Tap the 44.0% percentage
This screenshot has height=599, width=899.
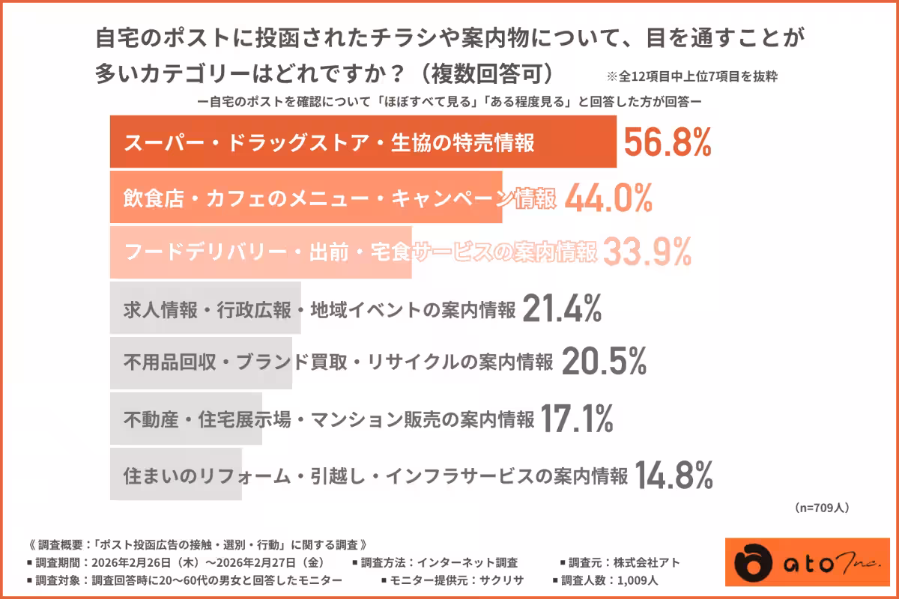click(608, 198)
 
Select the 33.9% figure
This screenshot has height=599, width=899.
click(646, 253)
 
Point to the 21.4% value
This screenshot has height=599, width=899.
click(562, 308)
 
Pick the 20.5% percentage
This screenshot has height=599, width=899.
click(603, 363)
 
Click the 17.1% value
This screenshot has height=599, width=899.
click(576, 419)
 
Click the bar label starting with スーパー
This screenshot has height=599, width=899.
click(329, 143)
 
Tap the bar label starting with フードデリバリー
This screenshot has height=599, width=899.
click(359, 253)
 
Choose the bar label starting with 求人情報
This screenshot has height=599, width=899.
click(319, 309)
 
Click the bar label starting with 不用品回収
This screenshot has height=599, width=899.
click(338, 364)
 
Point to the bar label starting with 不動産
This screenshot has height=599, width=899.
click(328, 419)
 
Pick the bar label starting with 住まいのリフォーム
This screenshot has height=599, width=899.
click(375, 475)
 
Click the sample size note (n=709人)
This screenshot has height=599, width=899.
click(821, 508)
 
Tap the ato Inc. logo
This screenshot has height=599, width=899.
click(797, 562)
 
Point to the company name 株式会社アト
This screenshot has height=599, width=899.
click(650, 562)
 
